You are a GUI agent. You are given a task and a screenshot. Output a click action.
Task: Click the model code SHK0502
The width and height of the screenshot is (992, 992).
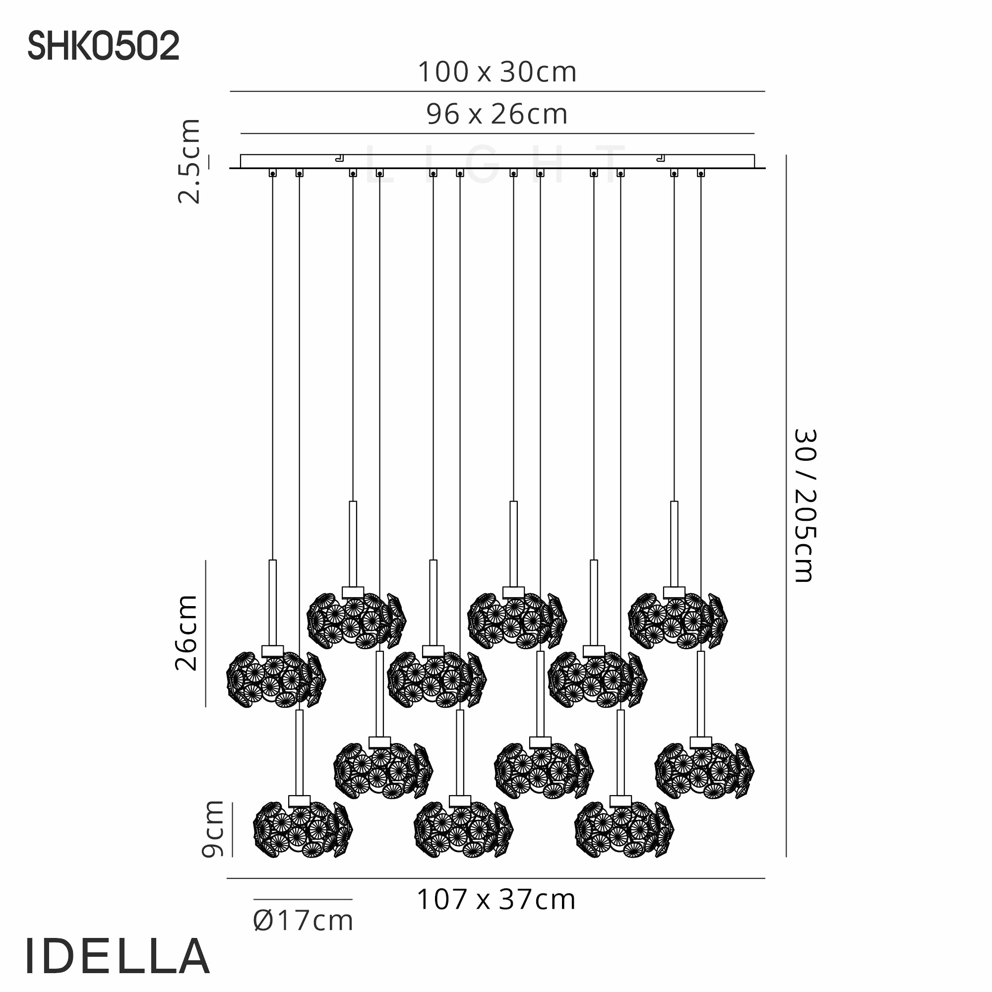(x=104, y=46)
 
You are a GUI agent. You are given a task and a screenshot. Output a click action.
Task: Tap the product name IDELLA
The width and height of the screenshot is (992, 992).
(x=118, y=956)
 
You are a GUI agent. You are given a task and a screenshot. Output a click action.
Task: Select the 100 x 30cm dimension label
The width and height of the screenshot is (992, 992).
(x=497, y=72)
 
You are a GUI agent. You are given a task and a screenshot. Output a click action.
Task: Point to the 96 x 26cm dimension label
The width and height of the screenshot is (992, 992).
(x=497, y=115)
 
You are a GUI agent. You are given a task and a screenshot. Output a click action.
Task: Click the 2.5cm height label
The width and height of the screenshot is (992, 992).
(x=188, y=161)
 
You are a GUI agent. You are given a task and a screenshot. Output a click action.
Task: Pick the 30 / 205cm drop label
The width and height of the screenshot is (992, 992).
(x=805, y=505)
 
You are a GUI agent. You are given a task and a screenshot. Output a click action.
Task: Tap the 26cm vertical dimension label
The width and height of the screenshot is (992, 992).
(x=186, y=633)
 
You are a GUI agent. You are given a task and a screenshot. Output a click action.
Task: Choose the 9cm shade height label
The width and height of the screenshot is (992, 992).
(x=213, y=829)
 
